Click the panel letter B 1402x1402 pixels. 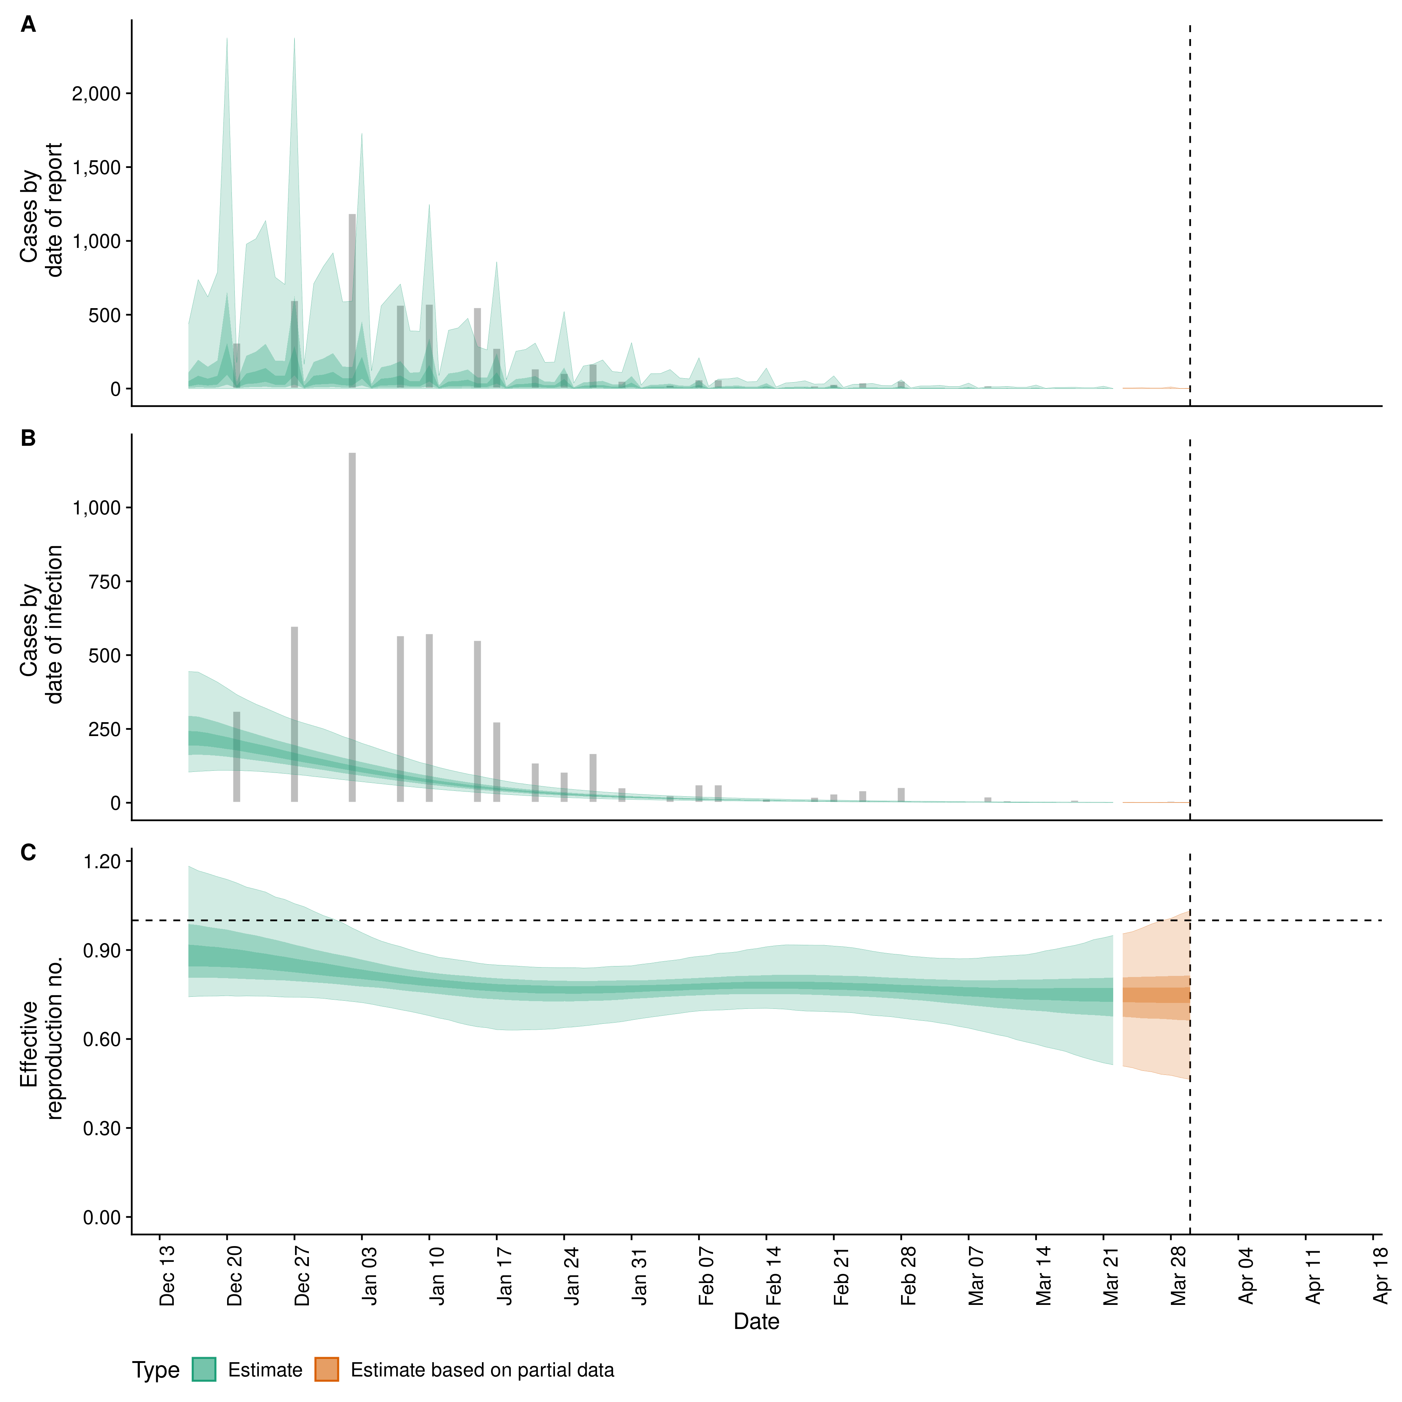28,438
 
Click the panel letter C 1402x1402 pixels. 28,853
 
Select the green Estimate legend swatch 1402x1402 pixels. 204,1370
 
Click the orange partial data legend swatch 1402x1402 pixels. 326,1370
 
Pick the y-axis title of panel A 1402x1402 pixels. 41,210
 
